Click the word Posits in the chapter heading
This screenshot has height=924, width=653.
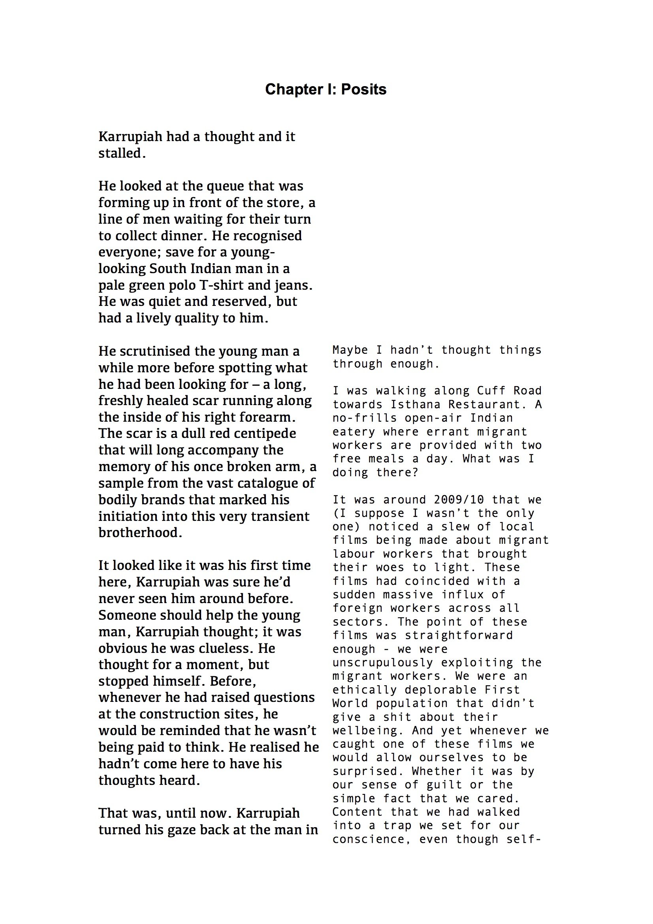(364, 89)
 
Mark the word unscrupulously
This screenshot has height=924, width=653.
(383, 663)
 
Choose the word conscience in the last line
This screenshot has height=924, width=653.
(368, 839)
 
